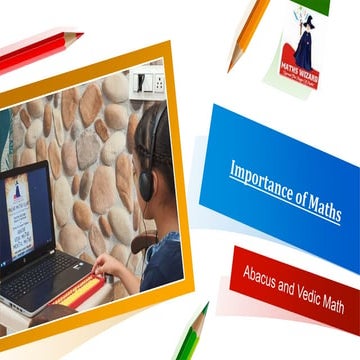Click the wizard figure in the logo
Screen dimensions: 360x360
tap(302, 44)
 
